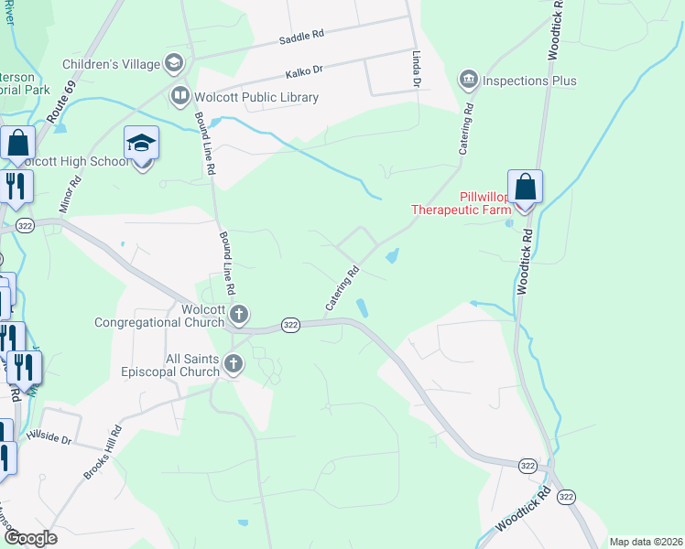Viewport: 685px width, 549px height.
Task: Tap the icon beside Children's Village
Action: pyautogui.click(x=173, y=63)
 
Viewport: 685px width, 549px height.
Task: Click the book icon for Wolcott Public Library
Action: pyautogui.click(x=179, y=96)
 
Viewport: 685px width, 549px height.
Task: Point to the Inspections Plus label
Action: pyautogui.click(x=532, y=81)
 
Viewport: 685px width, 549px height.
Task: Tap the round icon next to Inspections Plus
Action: pyautogui.click(x=470, y=80)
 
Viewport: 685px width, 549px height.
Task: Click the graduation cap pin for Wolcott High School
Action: pyautogui.click(x=142, y=145)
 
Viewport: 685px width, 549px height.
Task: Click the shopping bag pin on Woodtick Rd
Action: pyautogui.click(x=525, y=188)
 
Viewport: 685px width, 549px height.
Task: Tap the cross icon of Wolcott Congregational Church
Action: pyautogui.click(x=238, y=316)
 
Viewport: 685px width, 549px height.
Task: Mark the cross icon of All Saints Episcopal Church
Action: pyautogui.click(x=233, y=365)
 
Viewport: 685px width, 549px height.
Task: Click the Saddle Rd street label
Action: pyautogui.click(x=302, y=38)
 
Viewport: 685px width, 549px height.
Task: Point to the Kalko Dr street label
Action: pyautogui.click(x=305, y=69)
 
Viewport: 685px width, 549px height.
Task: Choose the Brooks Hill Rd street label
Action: pyautogui.click(x=103, y=452)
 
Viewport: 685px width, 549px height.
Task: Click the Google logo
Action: pyautogui.click(x=29, y=538)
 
